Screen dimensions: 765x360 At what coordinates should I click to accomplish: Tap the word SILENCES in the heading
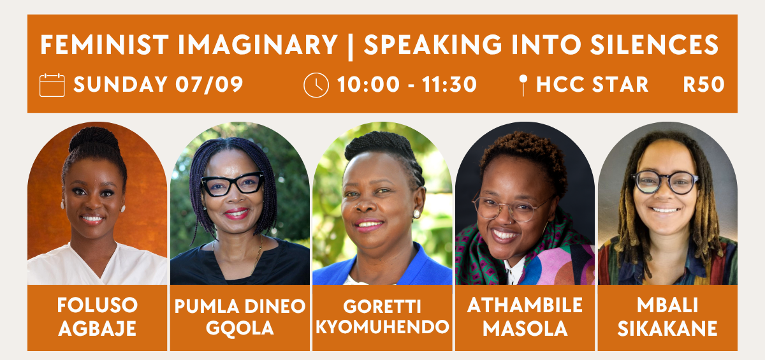pyautogui.click(x=654, y=45)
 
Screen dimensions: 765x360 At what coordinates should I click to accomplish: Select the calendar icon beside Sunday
pyautogui.click(x=52, y=85)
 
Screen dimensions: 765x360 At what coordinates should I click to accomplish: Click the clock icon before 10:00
pyautogui.click(x=316, y=85)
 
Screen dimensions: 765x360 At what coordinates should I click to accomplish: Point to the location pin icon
pyautogui.click(x=523, y=85)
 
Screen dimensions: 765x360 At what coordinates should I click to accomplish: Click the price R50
pyautogui.click(x=704, y=85)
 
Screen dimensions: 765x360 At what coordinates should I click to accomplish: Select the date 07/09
pyautogui.click(x=209, y=85)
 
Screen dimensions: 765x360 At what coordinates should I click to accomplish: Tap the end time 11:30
pyautogui.click(x=449, y=85)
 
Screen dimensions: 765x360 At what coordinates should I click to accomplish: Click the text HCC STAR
pyautogui.click(x=592, y=85)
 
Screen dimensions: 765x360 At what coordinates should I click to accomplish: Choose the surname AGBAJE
pyautogui.click(x=98, y=329)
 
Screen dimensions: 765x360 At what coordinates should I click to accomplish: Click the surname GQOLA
pyautogui.click(x=240, y=328)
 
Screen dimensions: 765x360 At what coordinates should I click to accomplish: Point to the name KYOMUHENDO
pyautogui.click(x=382, y=327)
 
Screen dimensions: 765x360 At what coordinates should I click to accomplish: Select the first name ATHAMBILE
pyautogui.click(x=525, y=305)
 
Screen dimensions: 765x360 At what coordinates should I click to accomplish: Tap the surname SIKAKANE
pyautogui.click(x=667, y=329)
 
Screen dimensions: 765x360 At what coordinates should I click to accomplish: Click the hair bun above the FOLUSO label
pyautogui.click(x=94, y=138)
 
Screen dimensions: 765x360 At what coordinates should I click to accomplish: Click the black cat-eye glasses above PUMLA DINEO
pyautogui.click(x=233, y=184)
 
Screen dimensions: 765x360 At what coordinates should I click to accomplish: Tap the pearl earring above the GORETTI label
pyautogui.click(x=417, y=214)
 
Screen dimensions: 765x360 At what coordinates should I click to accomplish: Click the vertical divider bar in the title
pyautogui.click(x=351, y=46)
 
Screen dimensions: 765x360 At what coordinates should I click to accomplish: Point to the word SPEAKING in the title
pyautogui.click(x=432, y=45)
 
